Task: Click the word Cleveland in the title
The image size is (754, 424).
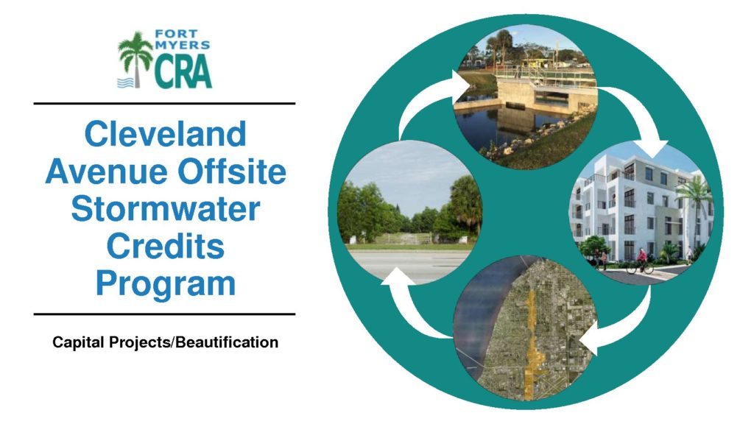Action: (165, 134)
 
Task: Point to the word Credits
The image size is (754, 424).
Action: (166, 246)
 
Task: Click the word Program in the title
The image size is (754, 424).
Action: (166, 284)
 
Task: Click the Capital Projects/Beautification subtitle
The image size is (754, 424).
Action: (165, 342)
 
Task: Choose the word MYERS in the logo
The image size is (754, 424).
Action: (182, 46)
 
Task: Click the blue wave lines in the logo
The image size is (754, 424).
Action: (125, 82)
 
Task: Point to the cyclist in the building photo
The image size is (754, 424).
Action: (641, 261)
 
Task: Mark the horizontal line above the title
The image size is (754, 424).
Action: (164, 103)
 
